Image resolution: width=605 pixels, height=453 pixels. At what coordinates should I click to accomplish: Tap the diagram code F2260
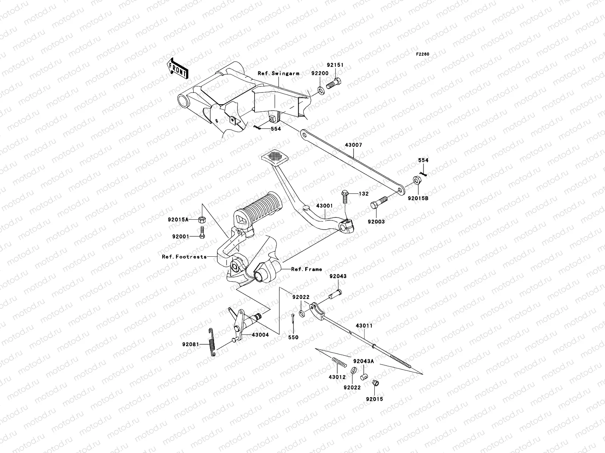tap(423, 54)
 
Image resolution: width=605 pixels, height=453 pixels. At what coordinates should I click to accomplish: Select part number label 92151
tap(335, 65)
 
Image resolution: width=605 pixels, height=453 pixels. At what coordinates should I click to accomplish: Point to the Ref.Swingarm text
tap(284, 73)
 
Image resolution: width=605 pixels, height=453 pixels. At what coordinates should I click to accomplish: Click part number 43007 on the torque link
tap(353, 145)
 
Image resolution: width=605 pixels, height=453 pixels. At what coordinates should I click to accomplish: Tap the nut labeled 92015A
tap(202, 219)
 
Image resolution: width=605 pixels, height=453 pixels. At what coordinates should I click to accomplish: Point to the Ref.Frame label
tap(306, 269)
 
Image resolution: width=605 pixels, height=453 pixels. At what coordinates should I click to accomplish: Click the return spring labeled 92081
tap(213, 342)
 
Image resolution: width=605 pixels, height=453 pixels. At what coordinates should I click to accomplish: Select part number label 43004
tap(260, 335)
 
